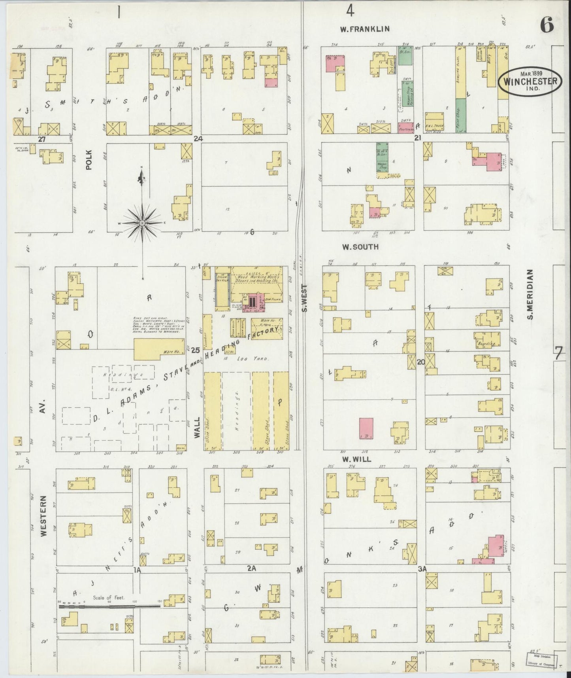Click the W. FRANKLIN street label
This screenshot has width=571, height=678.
(365, 29)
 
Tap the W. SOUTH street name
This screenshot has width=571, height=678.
(360, 247)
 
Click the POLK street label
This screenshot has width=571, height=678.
(89, 160)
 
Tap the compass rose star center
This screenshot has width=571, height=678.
(142, 223)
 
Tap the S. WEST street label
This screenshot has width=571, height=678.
(304, 298)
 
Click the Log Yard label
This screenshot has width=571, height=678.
(258, 359)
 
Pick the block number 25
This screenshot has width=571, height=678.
(195, 350)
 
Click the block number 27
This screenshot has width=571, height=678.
(42, 139)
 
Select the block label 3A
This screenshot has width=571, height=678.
(422, 569)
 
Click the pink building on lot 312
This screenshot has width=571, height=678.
(366, 428)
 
